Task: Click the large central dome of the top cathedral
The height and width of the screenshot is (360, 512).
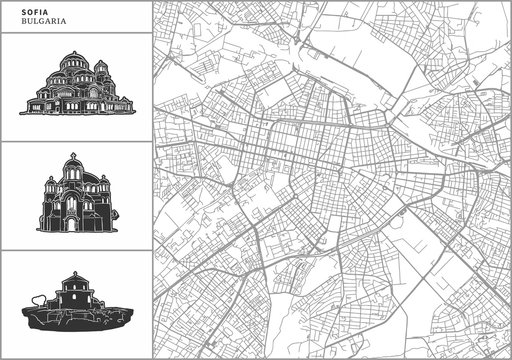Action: point(74,66)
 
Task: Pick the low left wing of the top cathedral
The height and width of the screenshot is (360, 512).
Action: point(37,102)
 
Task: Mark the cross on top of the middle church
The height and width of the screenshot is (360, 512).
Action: point(74,157)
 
